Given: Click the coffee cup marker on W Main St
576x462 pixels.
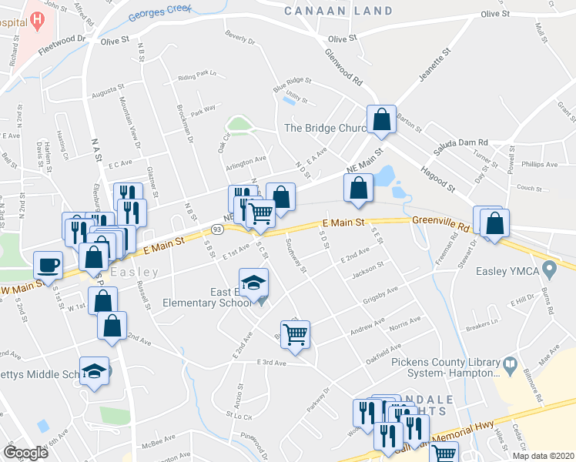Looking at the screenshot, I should coord(49,264).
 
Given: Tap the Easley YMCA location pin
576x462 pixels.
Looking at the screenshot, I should coord(549,270).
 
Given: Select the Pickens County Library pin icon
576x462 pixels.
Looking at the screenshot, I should coord(509,363).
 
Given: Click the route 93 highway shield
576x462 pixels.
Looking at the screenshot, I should coord(218,229).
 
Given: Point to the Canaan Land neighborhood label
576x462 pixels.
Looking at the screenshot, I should coord(338,11).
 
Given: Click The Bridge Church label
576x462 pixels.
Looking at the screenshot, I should coord(324,128).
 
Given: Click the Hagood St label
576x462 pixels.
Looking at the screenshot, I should coord(437,177).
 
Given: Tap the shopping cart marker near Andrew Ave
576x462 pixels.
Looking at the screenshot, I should coord(295,334).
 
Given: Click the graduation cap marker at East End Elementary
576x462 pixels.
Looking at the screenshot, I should coord(253,282).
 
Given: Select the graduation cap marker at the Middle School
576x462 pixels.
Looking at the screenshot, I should coord(95,371).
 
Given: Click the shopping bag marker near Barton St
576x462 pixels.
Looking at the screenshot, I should coord(381,119).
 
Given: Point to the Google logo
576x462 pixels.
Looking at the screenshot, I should coord(26,453).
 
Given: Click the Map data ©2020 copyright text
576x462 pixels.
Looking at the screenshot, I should coord(543,456).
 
